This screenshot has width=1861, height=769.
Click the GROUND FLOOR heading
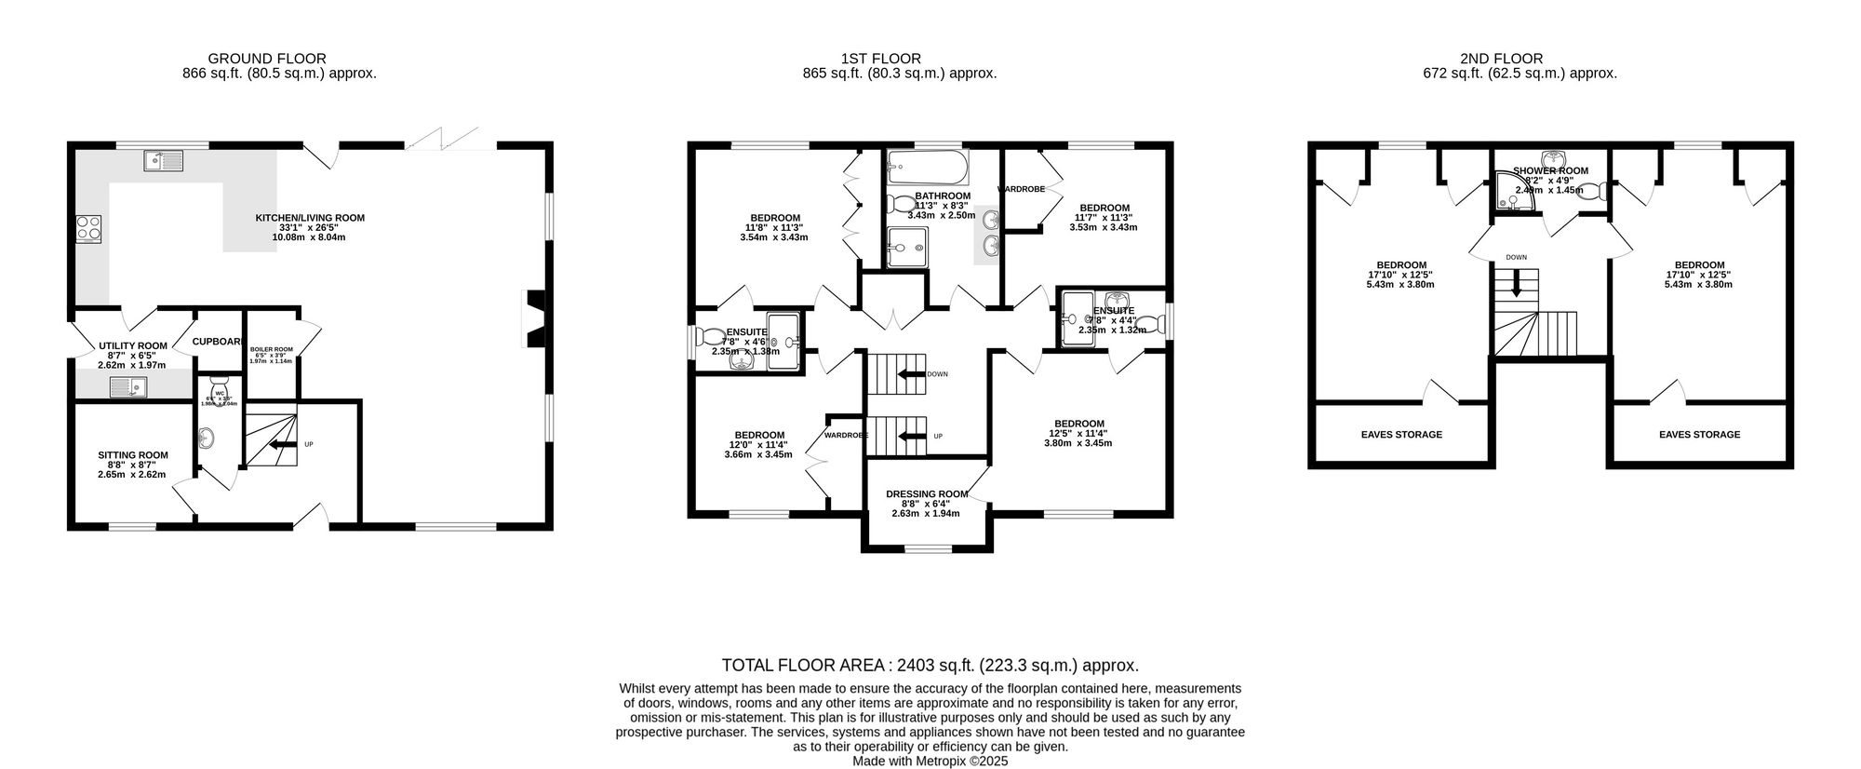tap(267, 59)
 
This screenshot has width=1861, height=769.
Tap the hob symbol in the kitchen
tap(88, 229)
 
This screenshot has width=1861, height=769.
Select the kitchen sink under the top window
tap(165, 162)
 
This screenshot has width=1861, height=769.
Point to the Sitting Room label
tap(133, 455)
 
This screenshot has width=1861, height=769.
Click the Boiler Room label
tap(271, 349)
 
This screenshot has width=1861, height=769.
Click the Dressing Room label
tap(925, 494)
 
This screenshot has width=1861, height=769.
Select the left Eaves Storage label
tap(1401, 435)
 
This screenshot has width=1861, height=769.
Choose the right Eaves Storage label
tap(1699, 435)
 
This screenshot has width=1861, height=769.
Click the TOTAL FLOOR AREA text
tap(930, 666)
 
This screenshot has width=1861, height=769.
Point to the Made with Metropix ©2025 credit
tap(930, 761)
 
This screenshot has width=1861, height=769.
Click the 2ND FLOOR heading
tap(1520, 59)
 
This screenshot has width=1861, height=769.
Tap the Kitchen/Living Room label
tap(310, 218)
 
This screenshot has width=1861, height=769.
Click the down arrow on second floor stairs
tap(1517, 284)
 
